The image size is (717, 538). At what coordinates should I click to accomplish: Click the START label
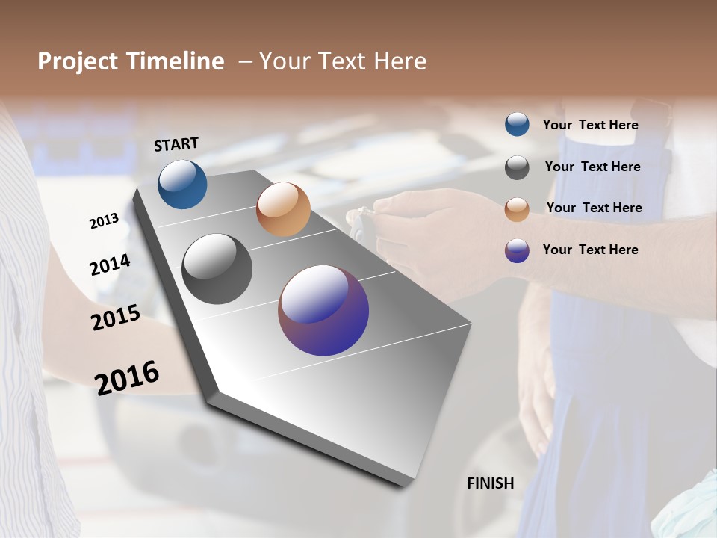176,144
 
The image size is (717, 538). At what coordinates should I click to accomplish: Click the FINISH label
491,483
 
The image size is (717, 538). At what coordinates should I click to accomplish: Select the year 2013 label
105,221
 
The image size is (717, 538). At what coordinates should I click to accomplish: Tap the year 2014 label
110,265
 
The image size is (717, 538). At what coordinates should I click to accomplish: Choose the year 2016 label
127,377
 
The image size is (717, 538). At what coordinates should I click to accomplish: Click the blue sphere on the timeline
182,184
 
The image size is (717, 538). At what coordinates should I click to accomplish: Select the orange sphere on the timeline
283,209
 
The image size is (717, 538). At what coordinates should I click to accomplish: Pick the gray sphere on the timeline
217,269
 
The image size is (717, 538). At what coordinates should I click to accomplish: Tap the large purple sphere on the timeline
323,310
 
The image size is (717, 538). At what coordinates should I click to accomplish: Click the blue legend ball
517,125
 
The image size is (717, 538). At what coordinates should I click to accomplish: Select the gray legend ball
517,167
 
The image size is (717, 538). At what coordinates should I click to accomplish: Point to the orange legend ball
517,209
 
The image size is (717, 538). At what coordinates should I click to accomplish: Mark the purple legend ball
517,250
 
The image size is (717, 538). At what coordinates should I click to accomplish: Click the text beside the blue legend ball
590,125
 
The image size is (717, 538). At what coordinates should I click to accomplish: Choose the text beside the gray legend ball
592,167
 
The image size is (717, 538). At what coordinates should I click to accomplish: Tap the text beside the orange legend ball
594,208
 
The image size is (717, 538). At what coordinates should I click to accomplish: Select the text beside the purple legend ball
590,250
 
